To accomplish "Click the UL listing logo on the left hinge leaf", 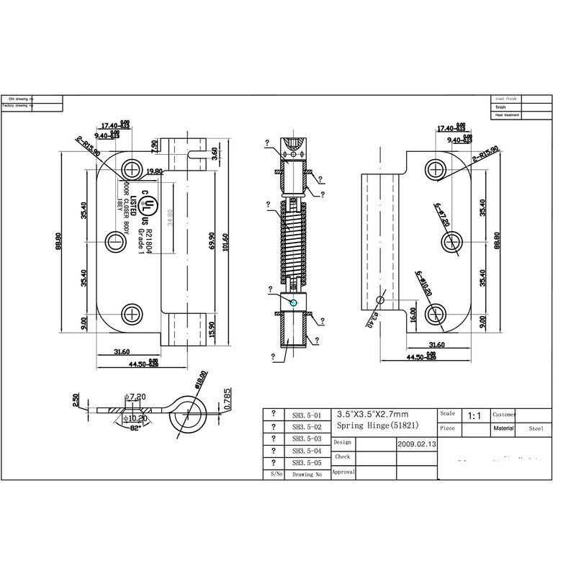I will (x=148, y=204).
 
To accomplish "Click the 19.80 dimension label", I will (x=153, y=171).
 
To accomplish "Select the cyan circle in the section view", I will (x=292, y=303).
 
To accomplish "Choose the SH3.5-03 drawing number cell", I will (x=297, y=438).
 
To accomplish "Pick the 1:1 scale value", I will (x=475, y=415).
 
